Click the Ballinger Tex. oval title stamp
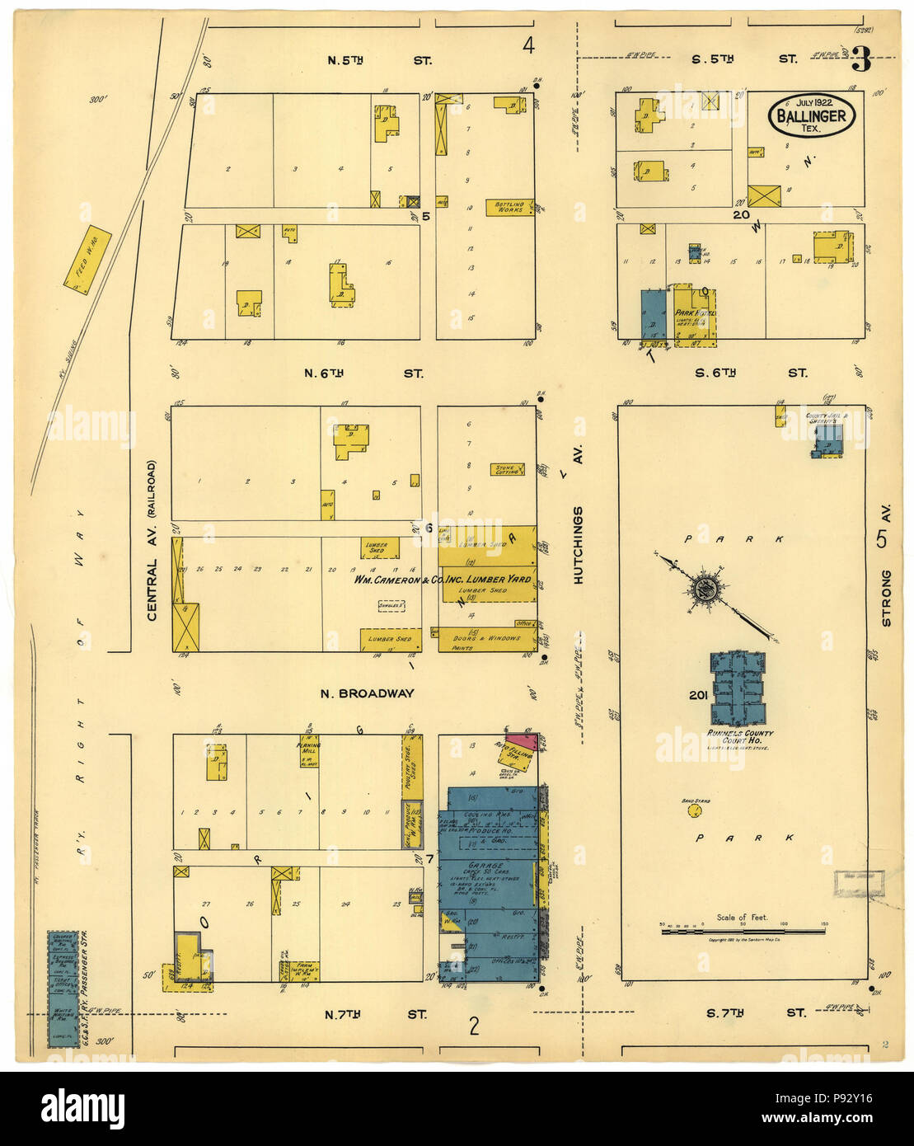click(x=812, y=116)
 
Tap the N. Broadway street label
click(x=367, y=693)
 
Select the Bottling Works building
click(x=509, y=206)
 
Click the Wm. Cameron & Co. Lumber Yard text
click(x=443, y=580)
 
